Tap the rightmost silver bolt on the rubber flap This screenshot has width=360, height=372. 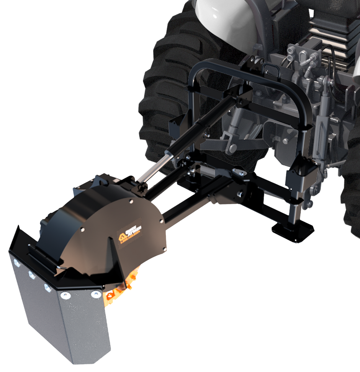95,294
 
